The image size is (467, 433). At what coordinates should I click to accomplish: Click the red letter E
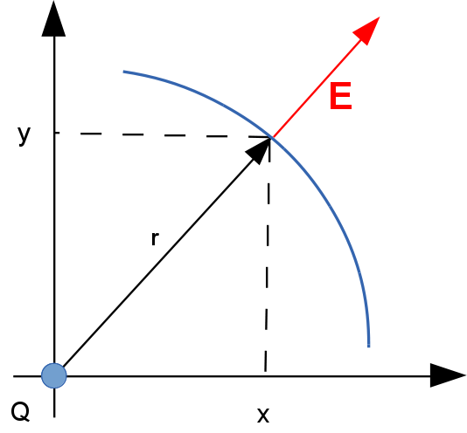341,96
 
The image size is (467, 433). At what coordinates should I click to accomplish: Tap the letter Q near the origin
20,412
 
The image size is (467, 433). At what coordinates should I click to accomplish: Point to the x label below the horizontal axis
263,415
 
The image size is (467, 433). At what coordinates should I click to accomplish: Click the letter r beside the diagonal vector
155,238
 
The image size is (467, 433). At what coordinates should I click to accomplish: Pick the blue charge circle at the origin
54,375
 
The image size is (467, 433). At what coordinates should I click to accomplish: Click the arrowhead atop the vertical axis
53,18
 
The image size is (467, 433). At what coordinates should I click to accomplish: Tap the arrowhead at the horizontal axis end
448,375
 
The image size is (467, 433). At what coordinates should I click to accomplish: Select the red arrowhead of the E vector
368,29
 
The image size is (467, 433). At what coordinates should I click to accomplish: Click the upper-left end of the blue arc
123,72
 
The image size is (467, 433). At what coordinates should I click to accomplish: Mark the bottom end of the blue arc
369,347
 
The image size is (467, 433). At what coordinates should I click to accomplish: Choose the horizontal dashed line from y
163,135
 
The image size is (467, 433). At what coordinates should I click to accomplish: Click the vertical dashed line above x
268,254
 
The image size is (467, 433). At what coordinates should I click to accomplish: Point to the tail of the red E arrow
272,137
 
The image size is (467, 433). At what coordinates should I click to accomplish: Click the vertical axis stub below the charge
54,402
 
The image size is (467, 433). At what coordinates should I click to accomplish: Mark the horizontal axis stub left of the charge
27,376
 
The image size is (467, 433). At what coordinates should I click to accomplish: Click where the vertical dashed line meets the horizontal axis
265,376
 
